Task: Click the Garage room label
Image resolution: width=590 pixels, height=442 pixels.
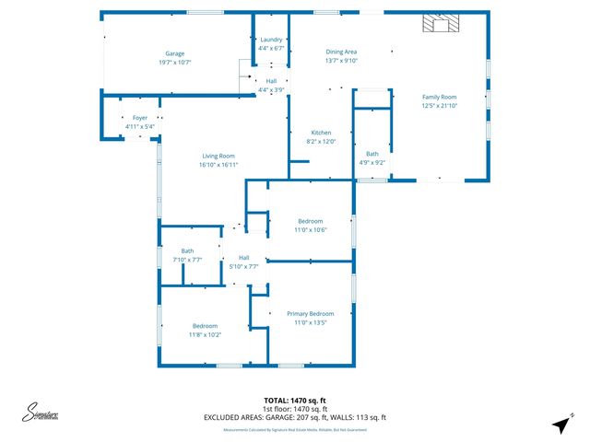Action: point(175,54)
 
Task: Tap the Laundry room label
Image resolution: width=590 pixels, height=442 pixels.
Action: point(271,40)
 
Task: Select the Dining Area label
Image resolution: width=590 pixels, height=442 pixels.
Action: point(341,52)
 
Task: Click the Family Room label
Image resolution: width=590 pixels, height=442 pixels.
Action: point(440,97)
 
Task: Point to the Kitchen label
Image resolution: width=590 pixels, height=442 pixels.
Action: point(321,133)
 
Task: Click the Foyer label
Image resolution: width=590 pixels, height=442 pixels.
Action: point(140,118)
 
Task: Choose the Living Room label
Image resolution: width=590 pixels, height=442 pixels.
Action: point(219,157)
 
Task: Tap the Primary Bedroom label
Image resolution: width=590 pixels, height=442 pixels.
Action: point(310,314)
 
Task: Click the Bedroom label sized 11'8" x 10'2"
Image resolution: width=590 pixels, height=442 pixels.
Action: point(205,326)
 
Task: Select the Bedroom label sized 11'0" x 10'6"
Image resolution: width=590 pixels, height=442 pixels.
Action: point(310,221)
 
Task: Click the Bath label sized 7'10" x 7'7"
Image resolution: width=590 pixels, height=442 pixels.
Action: point(187,250)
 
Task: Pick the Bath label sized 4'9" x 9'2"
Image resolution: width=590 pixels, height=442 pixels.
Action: point(372,154)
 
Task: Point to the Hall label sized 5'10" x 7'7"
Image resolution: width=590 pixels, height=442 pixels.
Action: point(244,257)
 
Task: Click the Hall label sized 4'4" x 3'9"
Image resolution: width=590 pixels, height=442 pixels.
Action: point(271,81)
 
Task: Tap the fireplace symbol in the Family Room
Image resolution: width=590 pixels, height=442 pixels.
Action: point(435,25)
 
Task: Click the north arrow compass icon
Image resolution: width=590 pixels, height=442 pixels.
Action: point(559,425)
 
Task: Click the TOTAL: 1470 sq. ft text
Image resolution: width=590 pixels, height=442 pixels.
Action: point(295,401)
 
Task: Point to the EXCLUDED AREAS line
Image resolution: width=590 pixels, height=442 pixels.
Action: point(295,417)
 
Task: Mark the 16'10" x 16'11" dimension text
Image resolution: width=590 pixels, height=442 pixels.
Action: point(219,165)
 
